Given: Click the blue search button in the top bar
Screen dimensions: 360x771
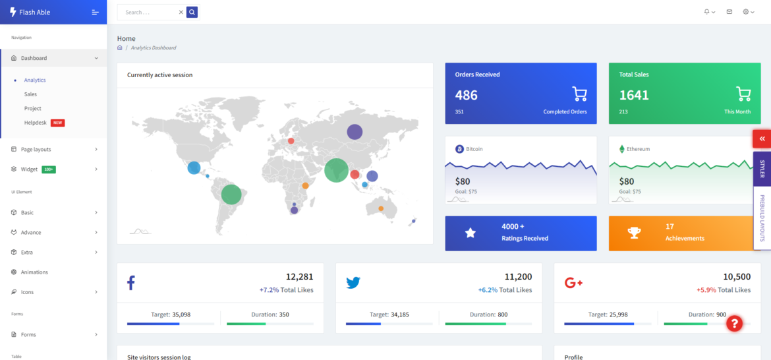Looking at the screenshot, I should [x=192, y=12].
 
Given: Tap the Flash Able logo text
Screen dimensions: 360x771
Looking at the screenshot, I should [x=35, y=12].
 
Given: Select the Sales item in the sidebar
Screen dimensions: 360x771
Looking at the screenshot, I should [x=30, y=94].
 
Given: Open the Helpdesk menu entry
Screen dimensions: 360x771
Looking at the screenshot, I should [x=36, y=123].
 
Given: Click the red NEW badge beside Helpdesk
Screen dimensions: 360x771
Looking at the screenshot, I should [x=57, y=123].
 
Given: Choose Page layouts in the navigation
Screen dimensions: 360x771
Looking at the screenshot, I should [x=36, y=149].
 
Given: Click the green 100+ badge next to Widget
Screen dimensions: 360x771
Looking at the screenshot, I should [x=49, y=169].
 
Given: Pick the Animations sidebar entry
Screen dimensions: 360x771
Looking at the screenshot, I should [x=34, y=272].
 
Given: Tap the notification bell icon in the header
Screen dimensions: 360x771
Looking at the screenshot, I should [x=707, y=12].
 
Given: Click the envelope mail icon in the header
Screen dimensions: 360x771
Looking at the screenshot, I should [x=729, y=12].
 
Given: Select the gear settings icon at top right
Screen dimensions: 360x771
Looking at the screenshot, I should [x=746, y=12].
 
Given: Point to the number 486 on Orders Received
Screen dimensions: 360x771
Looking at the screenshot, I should [x=467, y=95].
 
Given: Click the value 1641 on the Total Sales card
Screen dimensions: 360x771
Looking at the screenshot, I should [x=634, y=95].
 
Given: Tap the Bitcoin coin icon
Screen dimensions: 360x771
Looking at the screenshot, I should [x=459, y=149].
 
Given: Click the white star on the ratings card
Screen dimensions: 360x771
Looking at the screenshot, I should [x=471, y=233].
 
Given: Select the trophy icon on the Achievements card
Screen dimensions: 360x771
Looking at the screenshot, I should [x=634, y=233].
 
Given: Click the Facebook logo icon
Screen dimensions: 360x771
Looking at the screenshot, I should [x=131, y=283].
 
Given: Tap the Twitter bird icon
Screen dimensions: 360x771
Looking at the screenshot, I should [x=353, y=283].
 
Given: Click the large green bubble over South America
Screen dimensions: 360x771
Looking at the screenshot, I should [x=231, y=195].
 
